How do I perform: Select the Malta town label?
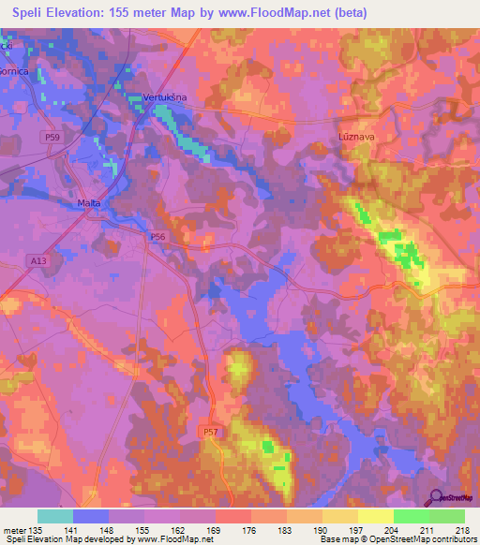[x=89, y=203]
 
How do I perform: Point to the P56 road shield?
[x=157, y=238]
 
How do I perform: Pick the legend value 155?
[x=144, y=530]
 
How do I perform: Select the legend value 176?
[x=250, y=530]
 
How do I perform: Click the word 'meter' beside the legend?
[x=13, y=530]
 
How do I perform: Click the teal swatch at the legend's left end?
[x=55, y=516]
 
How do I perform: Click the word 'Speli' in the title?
[x=34, y=13]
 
